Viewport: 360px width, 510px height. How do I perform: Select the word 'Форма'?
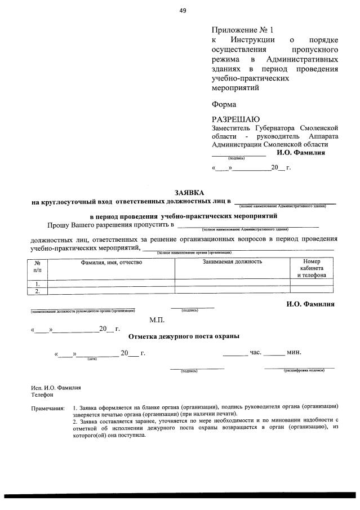coord(224,104)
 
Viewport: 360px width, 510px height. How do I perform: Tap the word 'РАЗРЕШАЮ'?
coord(235,119)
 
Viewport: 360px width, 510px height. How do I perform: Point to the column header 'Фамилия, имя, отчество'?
coord(112,262)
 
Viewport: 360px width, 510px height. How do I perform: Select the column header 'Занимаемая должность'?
coord(232,262)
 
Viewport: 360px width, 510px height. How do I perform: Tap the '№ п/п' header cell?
coord(38,266)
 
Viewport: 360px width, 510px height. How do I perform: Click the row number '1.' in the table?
coord(38,283)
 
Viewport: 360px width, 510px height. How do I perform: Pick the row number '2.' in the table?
coord(38,291)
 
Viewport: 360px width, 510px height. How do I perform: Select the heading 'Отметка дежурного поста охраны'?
coord(184,336)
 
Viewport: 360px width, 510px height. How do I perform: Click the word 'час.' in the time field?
coord(255,352)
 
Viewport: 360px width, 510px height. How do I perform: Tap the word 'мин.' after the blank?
coord(294,352)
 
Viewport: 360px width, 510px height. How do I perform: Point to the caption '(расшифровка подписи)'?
coord(303,370)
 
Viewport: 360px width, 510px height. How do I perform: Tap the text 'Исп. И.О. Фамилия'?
coord(56,388)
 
